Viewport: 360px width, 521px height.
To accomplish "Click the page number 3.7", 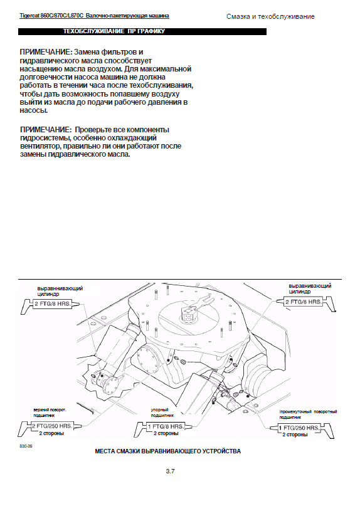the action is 170,471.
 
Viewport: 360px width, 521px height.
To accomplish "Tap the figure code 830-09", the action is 26,446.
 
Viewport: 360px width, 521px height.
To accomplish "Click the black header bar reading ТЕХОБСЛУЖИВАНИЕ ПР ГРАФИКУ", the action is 142,31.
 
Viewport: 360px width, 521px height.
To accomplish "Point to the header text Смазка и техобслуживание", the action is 270,16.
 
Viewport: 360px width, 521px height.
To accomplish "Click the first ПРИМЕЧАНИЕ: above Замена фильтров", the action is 46,52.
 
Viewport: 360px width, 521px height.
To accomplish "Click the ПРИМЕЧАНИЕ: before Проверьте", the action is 46,130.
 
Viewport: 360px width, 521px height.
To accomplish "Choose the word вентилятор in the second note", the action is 40,146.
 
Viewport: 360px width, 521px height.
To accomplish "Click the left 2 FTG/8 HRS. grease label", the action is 53,303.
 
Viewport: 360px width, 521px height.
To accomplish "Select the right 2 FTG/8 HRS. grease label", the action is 304,302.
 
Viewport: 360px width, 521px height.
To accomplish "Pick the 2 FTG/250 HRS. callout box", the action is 52,426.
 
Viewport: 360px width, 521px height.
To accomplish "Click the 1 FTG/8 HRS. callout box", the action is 166,426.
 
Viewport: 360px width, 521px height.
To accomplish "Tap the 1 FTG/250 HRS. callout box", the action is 299,428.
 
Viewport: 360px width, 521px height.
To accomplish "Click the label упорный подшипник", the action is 162,413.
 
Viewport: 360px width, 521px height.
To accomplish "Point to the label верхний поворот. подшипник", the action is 50,413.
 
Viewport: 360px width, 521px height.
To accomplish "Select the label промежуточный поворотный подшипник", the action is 308,414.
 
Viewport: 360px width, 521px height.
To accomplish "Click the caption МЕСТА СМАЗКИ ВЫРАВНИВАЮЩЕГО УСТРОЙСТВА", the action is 168,451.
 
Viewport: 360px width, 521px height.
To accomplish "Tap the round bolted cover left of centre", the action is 148,359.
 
